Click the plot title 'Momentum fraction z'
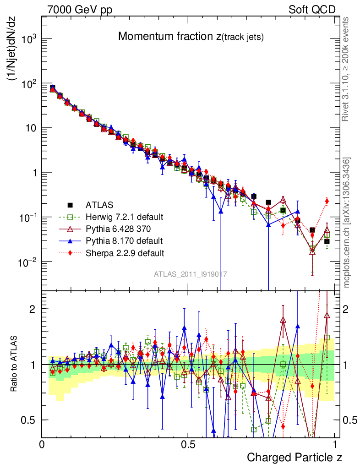click(191, 37)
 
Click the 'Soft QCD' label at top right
click(312, 10)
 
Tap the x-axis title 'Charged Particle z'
click(294, 457)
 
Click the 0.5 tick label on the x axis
click(188, 444)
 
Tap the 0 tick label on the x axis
click(42, 444)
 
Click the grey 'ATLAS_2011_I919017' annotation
click(191, 274)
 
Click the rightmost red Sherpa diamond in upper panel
click(327, 201)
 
